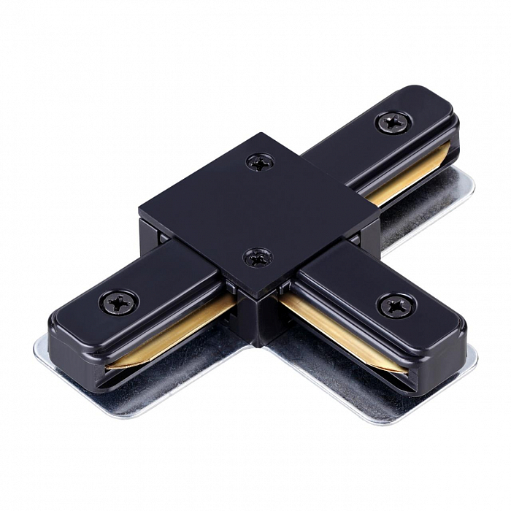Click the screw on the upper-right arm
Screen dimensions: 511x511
click(392, 121)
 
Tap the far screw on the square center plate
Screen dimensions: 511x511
click(260, 161)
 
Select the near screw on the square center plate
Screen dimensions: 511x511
click(257, 257)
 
